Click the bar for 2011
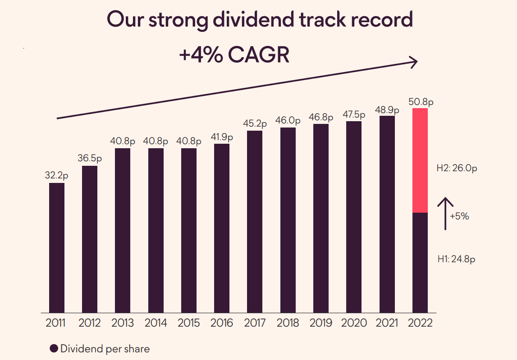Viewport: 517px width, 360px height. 57,247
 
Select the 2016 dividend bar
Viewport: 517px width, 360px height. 222,228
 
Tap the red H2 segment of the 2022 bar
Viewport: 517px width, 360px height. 420,160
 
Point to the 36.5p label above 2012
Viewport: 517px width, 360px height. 90,159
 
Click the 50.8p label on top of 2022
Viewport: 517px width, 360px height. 420,102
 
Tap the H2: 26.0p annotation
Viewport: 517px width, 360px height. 457,169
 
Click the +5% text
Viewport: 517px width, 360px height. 459,216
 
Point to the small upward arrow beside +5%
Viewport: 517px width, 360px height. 445,214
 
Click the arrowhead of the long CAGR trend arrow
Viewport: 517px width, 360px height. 414,62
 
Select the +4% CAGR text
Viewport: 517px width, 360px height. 234,55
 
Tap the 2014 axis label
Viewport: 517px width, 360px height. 156,323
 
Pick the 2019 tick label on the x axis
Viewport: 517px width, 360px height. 321,323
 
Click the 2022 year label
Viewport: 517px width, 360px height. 420,323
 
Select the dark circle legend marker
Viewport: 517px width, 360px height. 54,348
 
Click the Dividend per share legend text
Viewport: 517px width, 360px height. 105,348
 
